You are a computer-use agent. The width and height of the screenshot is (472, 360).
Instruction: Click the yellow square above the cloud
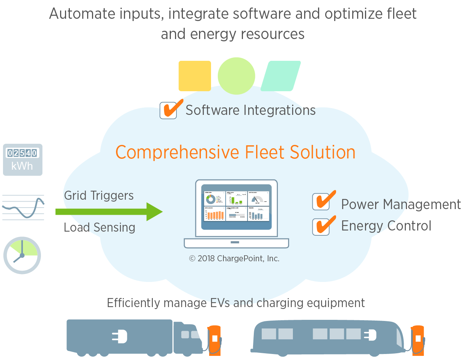click(x=195, y=76)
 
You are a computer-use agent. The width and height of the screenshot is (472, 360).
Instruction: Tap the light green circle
click(x=236, y=76)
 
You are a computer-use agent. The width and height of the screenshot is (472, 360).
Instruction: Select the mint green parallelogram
click(x=280, y=76)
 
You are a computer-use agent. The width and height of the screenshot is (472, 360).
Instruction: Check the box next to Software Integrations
click(x=169, y=110)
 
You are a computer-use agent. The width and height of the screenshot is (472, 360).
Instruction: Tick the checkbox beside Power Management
click(x=321, y=202)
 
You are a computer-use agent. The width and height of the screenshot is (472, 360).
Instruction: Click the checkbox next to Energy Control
click(x=321, y=226)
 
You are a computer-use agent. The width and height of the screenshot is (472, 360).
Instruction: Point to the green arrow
click(x=109, y=212)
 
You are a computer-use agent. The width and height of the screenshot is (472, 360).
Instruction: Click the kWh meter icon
click(x=23, y=160)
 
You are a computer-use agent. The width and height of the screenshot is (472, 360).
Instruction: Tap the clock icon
click(x=22, y=255)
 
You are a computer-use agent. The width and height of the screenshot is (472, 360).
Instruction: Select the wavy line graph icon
click(x=23, y=207)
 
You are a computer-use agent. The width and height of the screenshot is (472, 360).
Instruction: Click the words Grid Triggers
click(x=99, y=196)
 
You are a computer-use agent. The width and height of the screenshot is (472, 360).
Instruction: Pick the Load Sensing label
click(x=99, y=227)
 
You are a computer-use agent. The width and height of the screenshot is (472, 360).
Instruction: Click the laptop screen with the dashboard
click(x=236, y=208)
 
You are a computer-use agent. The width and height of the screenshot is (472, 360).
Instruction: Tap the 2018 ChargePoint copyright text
click(x=234, y=258)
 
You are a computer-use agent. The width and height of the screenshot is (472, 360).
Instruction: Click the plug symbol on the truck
click(x=120, y=336)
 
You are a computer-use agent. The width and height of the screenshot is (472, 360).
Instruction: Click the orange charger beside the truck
click(x=214, y=340)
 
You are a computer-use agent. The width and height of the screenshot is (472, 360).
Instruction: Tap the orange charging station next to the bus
click(x=418, y=340)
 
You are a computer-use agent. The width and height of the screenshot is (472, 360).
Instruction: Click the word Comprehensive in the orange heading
click(x=177, y=152)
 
